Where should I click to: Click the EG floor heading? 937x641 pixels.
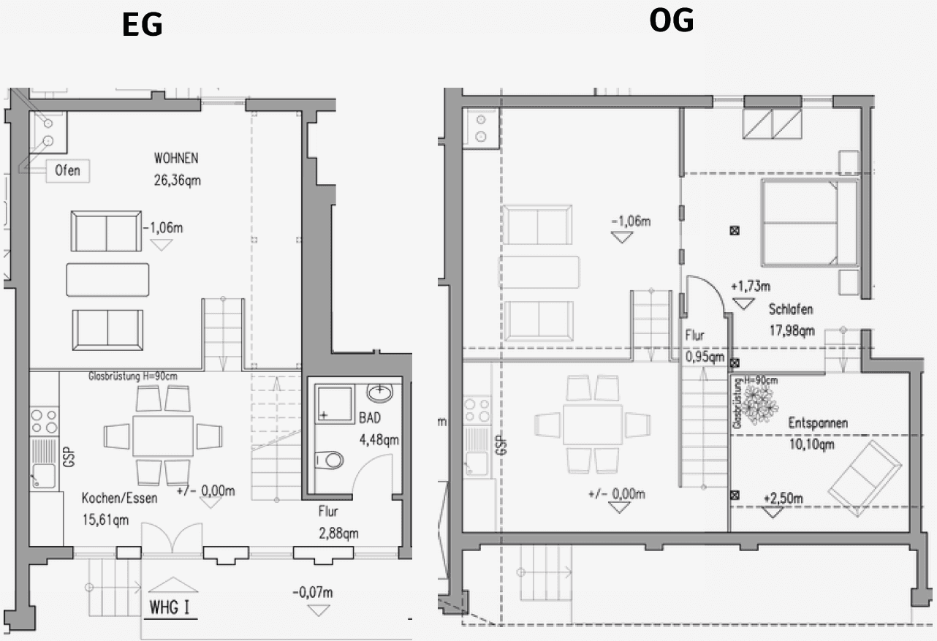[x=142, y=25]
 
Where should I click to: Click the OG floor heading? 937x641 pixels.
[x=671, y=21]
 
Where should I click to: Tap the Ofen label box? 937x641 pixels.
[x=68, y=171]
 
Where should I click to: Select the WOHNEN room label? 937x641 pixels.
[x=176, y=158]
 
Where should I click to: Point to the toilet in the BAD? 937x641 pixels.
[x=329, y=460]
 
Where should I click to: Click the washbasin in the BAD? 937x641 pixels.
[x=380, y=395]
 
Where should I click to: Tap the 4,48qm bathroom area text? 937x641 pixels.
[x=378, y=440]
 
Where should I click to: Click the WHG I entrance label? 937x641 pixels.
[x=171, y=607]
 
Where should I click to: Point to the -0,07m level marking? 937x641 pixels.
[x=312, y=591]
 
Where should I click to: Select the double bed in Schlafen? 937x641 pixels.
[x=808, y=221]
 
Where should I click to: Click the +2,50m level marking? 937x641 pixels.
[x=782, y=498]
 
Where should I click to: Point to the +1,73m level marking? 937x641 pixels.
[x=750, y=286]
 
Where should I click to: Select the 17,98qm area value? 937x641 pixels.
[x=792, y=330]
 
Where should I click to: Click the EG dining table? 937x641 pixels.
[x=163, y=436]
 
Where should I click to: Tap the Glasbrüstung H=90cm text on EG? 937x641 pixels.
[x=132, y=376]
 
